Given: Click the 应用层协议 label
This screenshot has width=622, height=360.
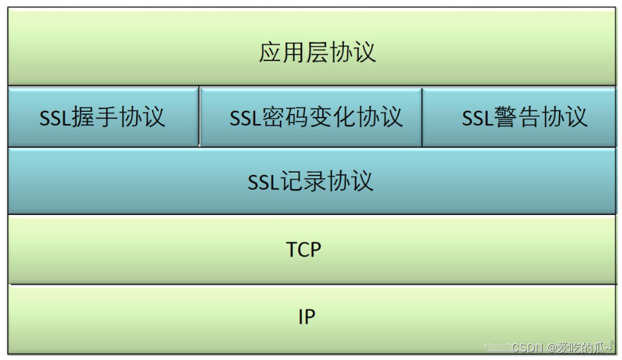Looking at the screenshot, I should pos(317,52).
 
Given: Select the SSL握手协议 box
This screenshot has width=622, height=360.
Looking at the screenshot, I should pos(103,118).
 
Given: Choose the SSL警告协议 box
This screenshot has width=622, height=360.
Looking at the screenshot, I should pos(518,118).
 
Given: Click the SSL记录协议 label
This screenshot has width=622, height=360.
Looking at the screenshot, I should pos(310,182).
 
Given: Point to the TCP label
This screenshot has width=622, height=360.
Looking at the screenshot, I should pos(304,250).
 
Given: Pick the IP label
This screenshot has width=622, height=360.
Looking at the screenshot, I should pos(307,316).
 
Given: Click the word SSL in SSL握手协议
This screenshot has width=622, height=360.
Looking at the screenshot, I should pos(55,118).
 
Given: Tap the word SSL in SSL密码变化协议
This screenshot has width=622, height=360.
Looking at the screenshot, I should pos(245,118).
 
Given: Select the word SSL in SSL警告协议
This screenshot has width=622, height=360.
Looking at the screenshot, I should pos(478,118).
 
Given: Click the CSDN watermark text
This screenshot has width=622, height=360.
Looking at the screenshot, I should pos(526,347).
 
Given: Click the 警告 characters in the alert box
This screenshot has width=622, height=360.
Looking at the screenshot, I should pos(517,118).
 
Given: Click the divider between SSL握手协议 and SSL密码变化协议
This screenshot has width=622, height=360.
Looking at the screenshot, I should pos(199,117).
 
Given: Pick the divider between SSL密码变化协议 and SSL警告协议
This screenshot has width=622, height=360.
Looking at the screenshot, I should pos(422,117).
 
